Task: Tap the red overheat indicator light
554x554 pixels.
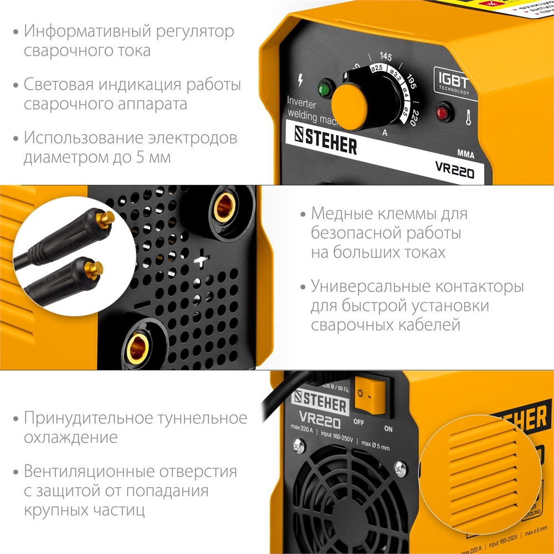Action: [x=442, y=113]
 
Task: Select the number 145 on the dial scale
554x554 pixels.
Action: [x=386, y=57]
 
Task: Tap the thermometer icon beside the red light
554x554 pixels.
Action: [x=468, y=117]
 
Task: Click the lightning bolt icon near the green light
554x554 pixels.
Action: [x=300, y=80]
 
